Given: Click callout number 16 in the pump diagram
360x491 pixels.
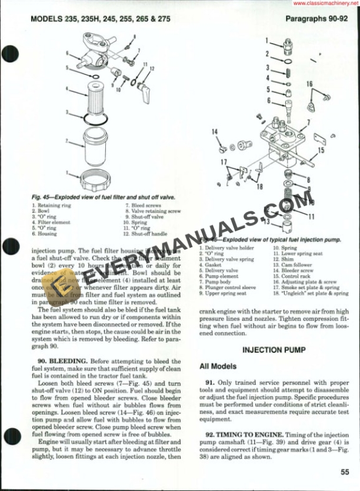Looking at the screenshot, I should click(x=309, y=84).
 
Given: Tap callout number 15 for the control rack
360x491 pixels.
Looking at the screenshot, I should click(x=321, y=150).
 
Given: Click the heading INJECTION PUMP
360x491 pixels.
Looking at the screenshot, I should click(x=274, y=350).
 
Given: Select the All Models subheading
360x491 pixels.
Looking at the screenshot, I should click(x=218, y=366).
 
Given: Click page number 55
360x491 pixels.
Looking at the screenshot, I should click(x=345, y=470).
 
